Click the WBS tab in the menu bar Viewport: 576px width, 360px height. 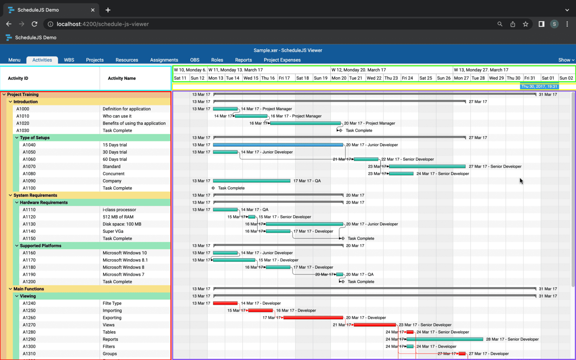pos(69,60)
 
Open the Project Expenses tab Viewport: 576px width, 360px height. pos(282,60)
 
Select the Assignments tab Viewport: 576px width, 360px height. pos(164,60)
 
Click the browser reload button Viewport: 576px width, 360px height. pos(34,24)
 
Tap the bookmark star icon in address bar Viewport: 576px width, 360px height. pos(525,24)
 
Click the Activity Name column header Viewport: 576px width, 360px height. pos(121,78)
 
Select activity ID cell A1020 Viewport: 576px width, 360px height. pos(22,123)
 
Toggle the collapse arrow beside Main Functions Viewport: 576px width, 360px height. pos(10,289)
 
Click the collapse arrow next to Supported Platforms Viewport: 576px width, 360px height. pos(17,246)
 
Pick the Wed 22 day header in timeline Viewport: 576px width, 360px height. pos(374,78)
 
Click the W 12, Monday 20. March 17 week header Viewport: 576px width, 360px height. pos(358,70)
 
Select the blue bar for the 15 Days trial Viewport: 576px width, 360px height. pos(277,145)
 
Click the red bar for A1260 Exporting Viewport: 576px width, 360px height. pos(313,318)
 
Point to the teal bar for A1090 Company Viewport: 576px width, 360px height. pos(251,181)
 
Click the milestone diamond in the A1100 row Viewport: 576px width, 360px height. pos(213,188)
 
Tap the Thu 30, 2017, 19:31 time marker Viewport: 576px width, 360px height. pos(539,87)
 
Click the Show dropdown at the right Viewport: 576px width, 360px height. pos(566,60)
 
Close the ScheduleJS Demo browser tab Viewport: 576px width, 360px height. pos(93,10)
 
